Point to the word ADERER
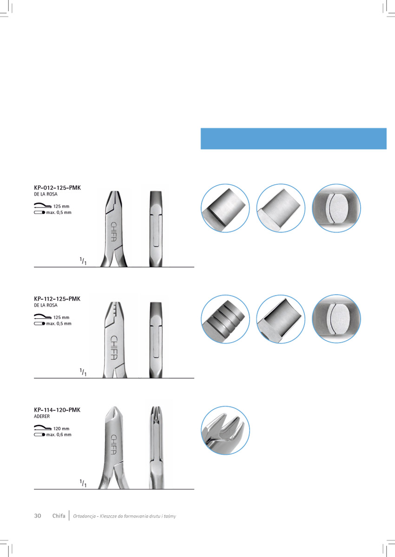(42, 417)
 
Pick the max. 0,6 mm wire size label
(59, 435)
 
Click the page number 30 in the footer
(38, 516)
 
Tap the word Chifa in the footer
(59, 516)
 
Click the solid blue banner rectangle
(293, 138)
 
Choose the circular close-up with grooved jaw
(225, 319)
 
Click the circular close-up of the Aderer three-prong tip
(225, 430)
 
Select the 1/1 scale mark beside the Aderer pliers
(83, 484)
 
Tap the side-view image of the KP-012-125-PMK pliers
(156, 229)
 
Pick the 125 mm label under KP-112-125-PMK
(62, 317)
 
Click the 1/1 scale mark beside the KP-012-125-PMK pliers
(83, 262)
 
